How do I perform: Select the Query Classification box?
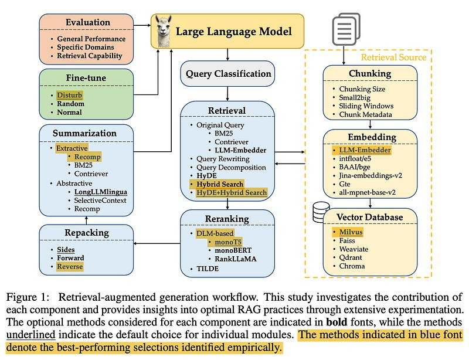click(228, 74)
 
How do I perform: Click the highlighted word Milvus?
click(350, 232)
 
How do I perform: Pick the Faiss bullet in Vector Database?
click(348, 240)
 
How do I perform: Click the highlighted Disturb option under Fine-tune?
click(70, 94)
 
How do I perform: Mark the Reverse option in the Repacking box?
click(70, 266)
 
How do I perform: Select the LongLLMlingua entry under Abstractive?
click(101, 192)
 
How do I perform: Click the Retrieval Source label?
click(393, 57)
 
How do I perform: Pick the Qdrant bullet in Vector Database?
click(351, 257)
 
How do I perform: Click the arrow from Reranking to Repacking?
click(156, 243)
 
